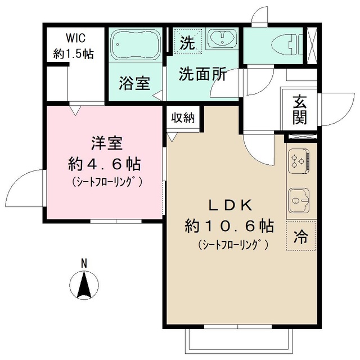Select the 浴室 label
(x=134, y=84)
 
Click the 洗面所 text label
(x=202, y=74)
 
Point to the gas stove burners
(x=298, y=161)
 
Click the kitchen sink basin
(x=298, y=197)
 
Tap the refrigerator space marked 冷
(x=301, y=237)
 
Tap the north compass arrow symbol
(x=84, y=285)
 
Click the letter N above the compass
(x=83, y=262)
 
